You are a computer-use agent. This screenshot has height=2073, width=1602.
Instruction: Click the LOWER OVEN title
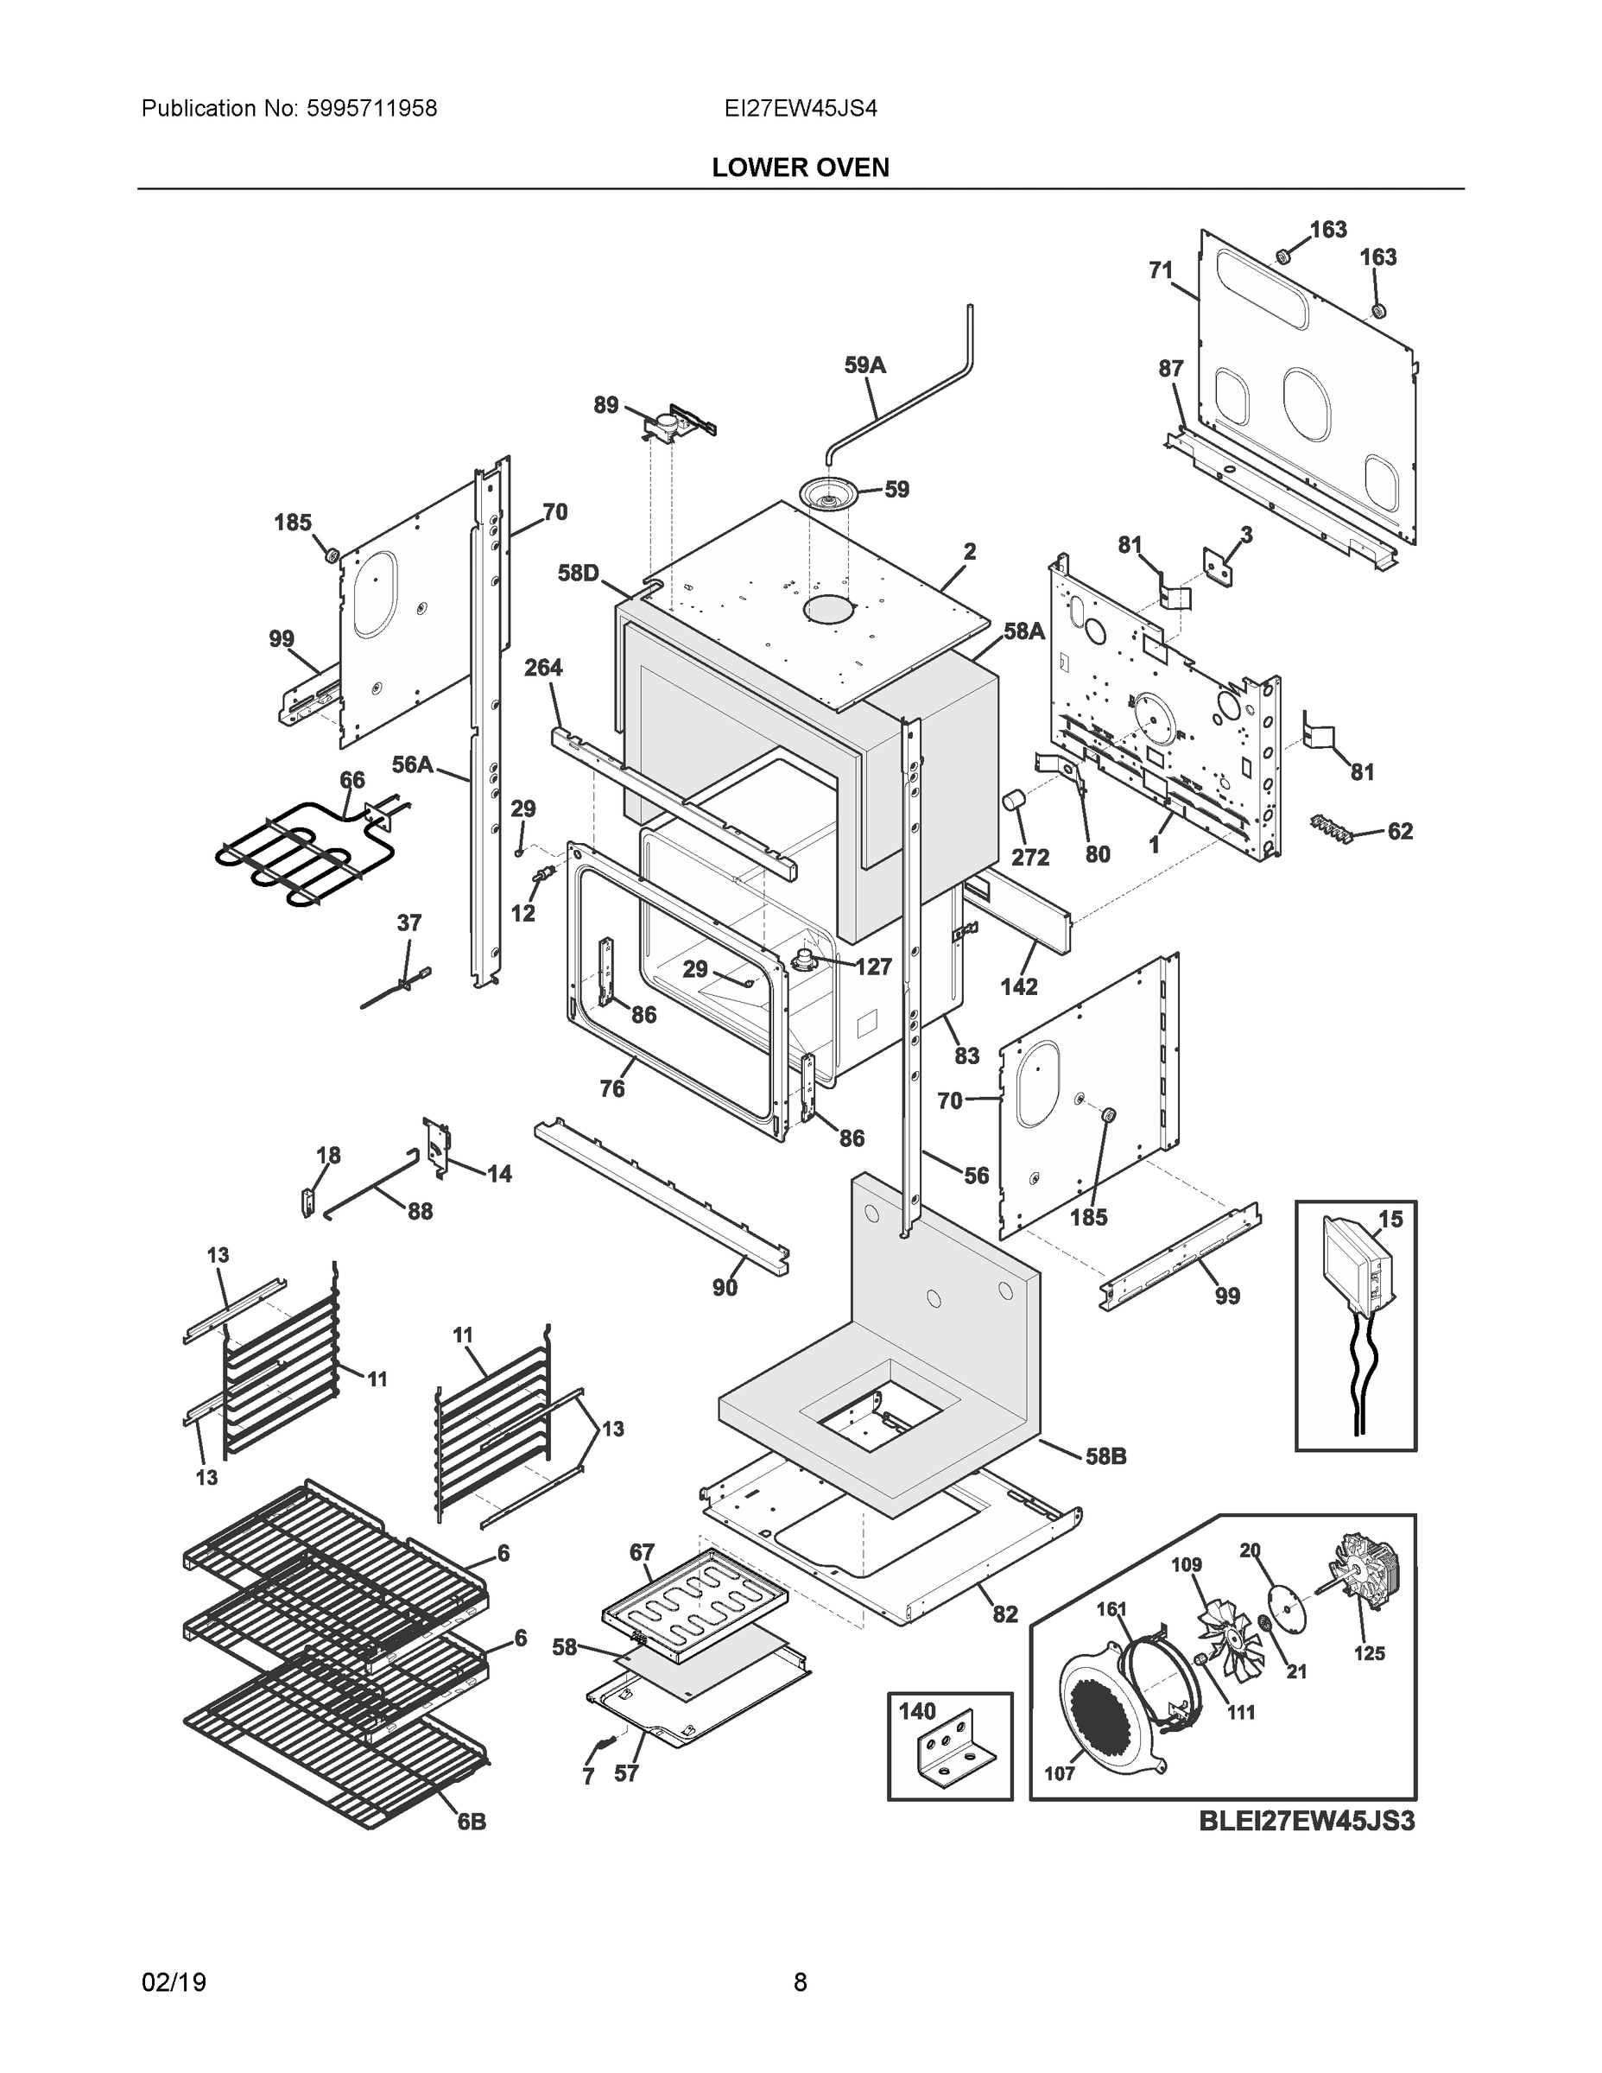800,168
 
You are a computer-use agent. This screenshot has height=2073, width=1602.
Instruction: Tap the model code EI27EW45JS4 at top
800,109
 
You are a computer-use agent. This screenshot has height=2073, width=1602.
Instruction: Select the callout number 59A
864,365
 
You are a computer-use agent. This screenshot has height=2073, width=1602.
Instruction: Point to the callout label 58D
578,573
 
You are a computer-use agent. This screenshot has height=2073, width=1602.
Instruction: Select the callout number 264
543,669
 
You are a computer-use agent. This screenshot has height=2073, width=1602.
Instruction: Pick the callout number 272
1029,857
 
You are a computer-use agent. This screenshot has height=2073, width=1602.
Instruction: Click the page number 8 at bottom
800,1983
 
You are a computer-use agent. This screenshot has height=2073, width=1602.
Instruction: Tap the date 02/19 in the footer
174,1983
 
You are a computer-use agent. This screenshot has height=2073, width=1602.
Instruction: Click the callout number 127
873,967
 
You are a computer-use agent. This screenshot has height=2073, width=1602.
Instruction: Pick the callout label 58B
1105,1456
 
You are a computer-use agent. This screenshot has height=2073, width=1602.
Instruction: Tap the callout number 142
1018,987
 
